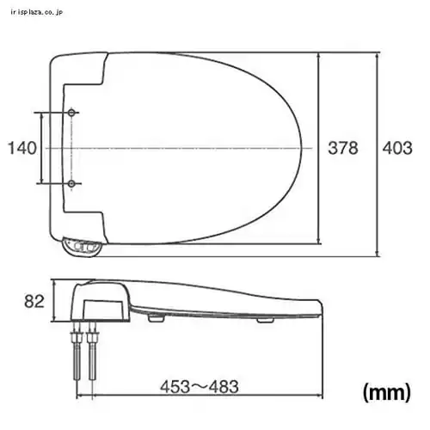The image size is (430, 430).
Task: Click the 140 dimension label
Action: click(22, 148)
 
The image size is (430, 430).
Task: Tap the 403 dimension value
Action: click(396, 148)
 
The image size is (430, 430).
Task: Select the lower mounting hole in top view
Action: click(71, 183)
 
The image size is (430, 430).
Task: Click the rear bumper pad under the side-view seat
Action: click(157, 318)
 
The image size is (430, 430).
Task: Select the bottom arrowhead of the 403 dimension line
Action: click(379, 253)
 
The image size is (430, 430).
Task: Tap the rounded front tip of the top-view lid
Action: click(307, 148)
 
